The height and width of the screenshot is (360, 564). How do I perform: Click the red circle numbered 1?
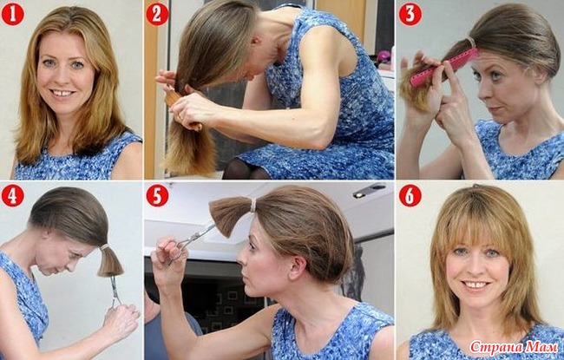[x=13, y=14]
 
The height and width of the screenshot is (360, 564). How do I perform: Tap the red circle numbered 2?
[x=157, y=14]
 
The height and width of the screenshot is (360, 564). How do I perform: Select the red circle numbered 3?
[x=410, y=14]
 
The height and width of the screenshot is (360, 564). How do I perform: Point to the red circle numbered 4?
[x=13, y=196]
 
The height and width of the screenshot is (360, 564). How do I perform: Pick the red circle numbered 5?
[x=157, y=196]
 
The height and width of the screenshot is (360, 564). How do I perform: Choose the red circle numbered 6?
[x=410, y=196]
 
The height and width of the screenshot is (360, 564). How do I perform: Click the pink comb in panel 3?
[x=444, y=68]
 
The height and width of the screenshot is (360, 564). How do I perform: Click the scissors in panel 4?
[x=115, y=291]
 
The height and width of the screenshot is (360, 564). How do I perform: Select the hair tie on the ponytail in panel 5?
[x=253, y=206]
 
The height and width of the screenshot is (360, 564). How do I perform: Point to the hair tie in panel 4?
[x=104, y=247]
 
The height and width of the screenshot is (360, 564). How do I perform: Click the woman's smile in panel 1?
[x=62, y=93]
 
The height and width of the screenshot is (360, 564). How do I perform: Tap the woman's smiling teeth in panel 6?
[x=475, y=285]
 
